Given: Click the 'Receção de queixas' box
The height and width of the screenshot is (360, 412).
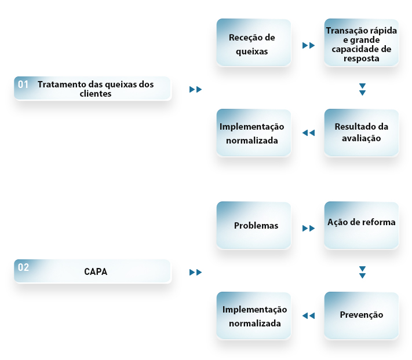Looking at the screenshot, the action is (x=254, y=42).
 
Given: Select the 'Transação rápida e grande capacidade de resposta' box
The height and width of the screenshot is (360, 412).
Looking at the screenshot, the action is (x=361, y=42).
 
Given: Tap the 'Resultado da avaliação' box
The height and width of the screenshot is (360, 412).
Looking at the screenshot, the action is (x=361, y=133).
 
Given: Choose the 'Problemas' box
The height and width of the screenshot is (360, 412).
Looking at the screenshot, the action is (x=254, y=225).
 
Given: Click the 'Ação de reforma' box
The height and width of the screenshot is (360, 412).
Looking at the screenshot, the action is (x=361, y=225).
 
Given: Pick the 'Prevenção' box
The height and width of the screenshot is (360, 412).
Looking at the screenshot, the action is (x=361, y=315).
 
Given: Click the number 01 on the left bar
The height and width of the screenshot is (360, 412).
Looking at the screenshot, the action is (x=23, y=85).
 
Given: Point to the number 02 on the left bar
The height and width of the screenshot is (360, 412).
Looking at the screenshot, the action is (x=23, y=267).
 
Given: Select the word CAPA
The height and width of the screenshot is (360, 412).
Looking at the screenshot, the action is (x=96, y=271).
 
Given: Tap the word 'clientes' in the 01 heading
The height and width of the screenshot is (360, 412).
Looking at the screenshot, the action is (x=96, y=94).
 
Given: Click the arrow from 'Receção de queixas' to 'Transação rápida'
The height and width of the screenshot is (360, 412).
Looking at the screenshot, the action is (x=308, y=45).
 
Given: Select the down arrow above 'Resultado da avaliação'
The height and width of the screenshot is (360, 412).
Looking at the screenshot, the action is (x=362, y=89).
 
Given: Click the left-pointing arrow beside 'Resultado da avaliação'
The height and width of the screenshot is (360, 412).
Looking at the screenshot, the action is (x=308, y=133).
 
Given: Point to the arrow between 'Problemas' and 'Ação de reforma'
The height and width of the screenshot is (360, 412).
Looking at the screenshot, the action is (x=308, y=228).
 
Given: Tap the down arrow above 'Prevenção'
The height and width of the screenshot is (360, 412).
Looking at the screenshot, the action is (x=362, y=273).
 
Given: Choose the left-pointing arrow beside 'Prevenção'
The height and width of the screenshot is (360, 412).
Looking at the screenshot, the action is (x=308, y=315).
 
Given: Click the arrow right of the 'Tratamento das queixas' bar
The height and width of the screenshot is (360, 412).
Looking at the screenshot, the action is (x=195, y=90).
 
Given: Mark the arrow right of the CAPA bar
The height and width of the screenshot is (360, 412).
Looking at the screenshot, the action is (x=195, y=273).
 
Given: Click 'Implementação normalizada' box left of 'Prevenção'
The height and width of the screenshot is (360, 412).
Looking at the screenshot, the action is (x=254, y=315).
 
